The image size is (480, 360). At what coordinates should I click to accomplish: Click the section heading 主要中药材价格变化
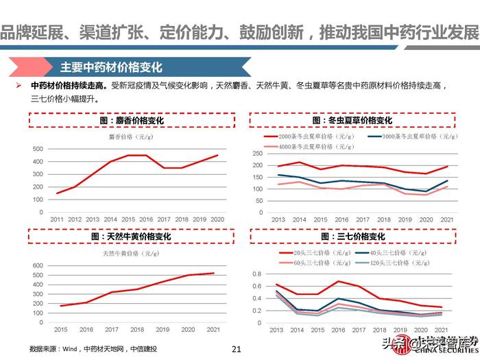(x=111, y=67)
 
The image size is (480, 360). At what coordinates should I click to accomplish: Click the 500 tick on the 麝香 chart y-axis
(x=38, y=149)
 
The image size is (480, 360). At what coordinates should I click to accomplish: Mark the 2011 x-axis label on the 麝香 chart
(x=57, y=219)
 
